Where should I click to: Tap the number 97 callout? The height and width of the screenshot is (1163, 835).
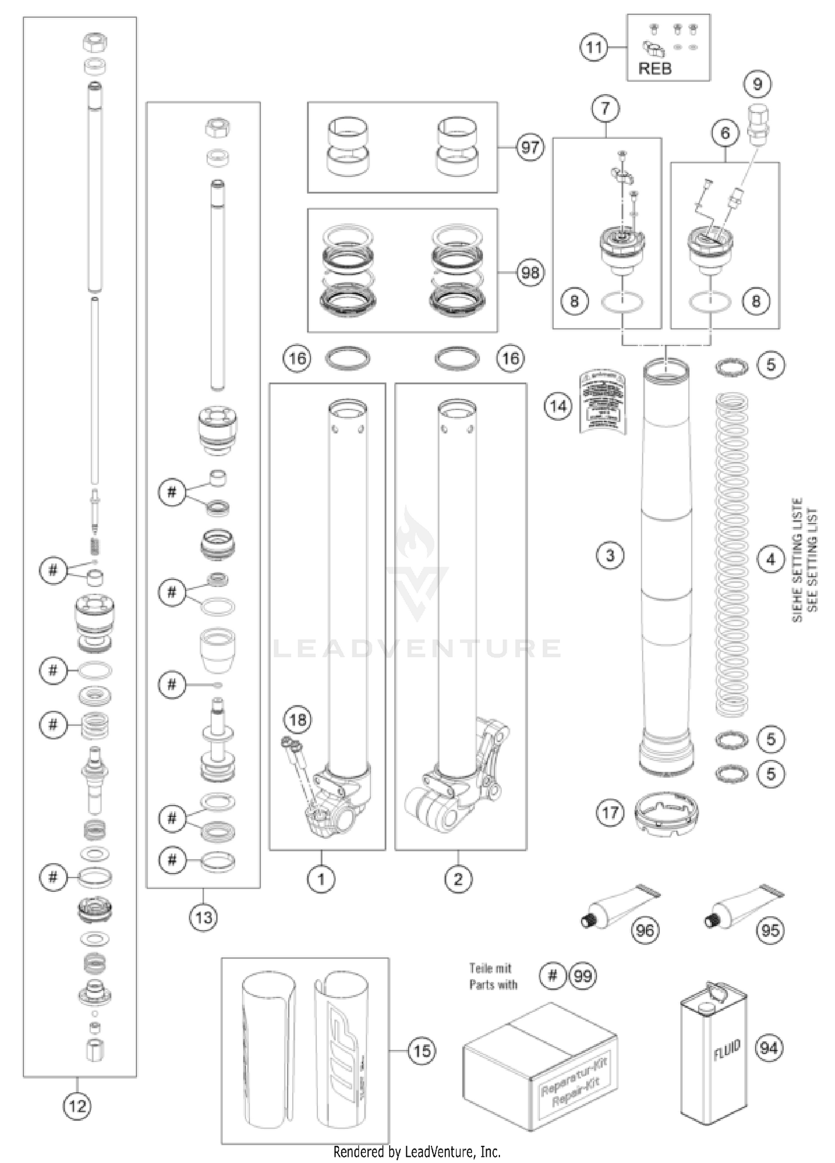click(x=529, y=148)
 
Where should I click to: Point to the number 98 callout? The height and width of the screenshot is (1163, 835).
click(x=529, y=273)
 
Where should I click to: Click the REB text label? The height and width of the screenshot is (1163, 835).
click(x=655, y=68)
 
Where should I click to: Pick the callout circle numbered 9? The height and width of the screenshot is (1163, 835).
click(x=757, y=84)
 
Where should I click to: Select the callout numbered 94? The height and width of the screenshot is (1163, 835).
click(x=768, y=1048)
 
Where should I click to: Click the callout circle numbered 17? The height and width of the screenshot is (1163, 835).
click(x=610, y=813)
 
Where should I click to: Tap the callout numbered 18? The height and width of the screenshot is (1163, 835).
click(x=297, y=719)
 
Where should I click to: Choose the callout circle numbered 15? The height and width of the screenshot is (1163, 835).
click(x=421, y=1051)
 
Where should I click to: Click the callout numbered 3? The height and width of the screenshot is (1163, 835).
click(x=610, y=555)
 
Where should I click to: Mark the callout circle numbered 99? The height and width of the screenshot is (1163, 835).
click(x=582, y=975)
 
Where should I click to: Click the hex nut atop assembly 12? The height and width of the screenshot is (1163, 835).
click(x=95, y=42)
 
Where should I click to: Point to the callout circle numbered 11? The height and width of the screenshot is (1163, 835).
click(x=594, y=47)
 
